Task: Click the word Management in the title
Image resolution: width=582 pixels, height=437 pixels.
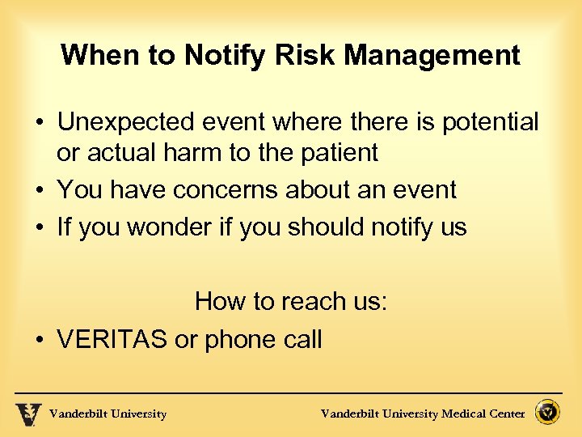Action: (x=433, y=56)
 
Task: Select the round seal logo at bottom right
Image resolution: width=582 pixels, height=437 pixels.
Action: (x=549, y=413)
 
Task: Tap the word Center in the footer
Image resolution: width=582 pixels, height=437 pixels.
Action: (x=507, y=414)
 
